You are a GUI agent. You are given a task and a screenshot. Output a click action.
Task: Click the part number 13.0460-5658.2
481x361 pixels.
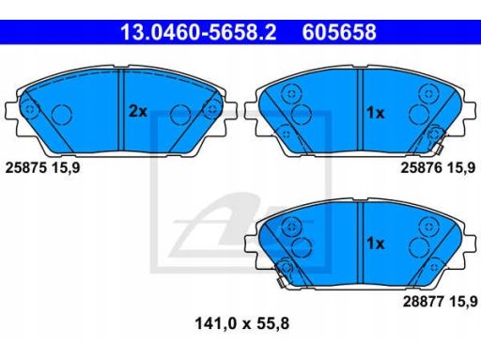pyautogui.click(x=198, y=32)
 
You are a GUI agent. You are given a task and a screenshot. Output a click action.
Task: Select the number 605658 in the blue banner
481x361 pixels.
pyautogui.click(x=339, y=32)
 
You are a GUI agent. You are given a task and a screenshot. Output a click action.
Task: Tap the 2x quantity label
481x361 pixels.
pyautogui.click(x=138, y=111)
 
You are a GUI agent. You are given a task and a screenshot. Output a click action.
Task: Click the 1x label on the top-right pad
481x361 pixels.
pyautogui.click(x=376, y=113)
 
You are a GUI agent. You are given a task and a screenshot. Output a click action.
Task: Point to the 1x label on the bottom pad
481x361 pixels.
pyautogui.click(x=376, y=243)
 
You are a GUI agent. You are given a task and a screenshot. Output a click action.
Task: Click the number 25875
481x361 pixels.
pyautogui.click(x=26, y=167)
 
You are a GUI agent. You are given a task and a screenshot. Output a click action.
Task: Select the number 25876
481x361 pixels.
pyautogui.click(x=422, y=168)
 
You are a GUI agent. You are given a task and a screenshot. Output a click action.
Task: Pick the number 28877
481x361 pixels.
pyautogui.click(x=424, y=302)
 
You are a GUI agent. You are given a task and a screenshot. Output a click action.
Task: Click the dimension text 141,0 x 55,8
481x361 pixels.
pyautogui.click(x=242, y=323)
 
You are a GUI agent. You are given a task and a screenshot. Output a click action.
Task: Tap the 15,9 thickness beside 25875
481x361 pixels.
pyautogui.click(x=66, y=167)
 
